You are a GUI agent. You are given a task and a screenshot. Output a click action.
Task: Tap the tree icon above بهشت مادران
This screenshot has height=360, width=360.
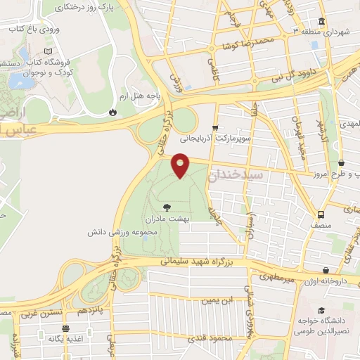pos(167,207)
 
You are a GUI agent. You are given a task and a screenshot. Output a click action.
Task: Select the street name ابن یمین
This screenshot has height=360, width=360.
pos(217,301)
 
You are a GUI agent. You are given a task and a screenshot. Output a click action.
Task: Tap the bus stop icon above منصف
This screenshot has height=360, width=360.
pos(321,214)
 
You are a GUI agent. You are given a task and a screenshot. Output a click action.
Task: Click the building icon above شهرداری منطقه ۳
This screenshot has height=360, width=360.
pos(321,21)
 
